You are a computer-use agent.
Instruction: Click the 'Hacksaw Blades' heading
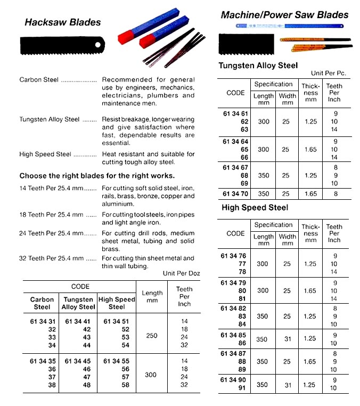click(62, 22)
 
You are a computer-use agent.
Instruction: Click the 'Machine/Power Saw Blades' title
click(284, 15)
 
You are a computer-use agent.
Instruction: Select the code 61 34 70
click(235, 194)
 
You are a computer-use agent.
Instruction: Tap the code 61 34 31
click(42, 321)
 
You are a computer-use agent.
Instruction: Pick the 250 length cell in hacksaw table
click(151, 336)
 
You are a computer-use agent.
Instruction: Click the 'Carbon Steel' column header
click(42, 303)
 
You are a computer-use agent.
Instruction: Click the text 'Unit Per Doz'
click(181, 273)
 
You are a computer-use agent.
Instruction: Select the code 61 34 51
click(117, 321)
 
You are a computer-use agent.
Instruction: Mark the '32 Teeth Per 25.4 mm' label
click(51, 258)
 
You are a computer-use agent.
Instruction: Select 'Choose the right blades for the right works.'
click(97, 176)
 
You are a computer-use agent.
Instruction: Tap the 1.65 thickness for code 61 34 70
click(310, 194)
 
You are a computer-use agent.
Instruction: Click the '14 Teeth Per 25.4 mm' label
click(51, 189)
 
